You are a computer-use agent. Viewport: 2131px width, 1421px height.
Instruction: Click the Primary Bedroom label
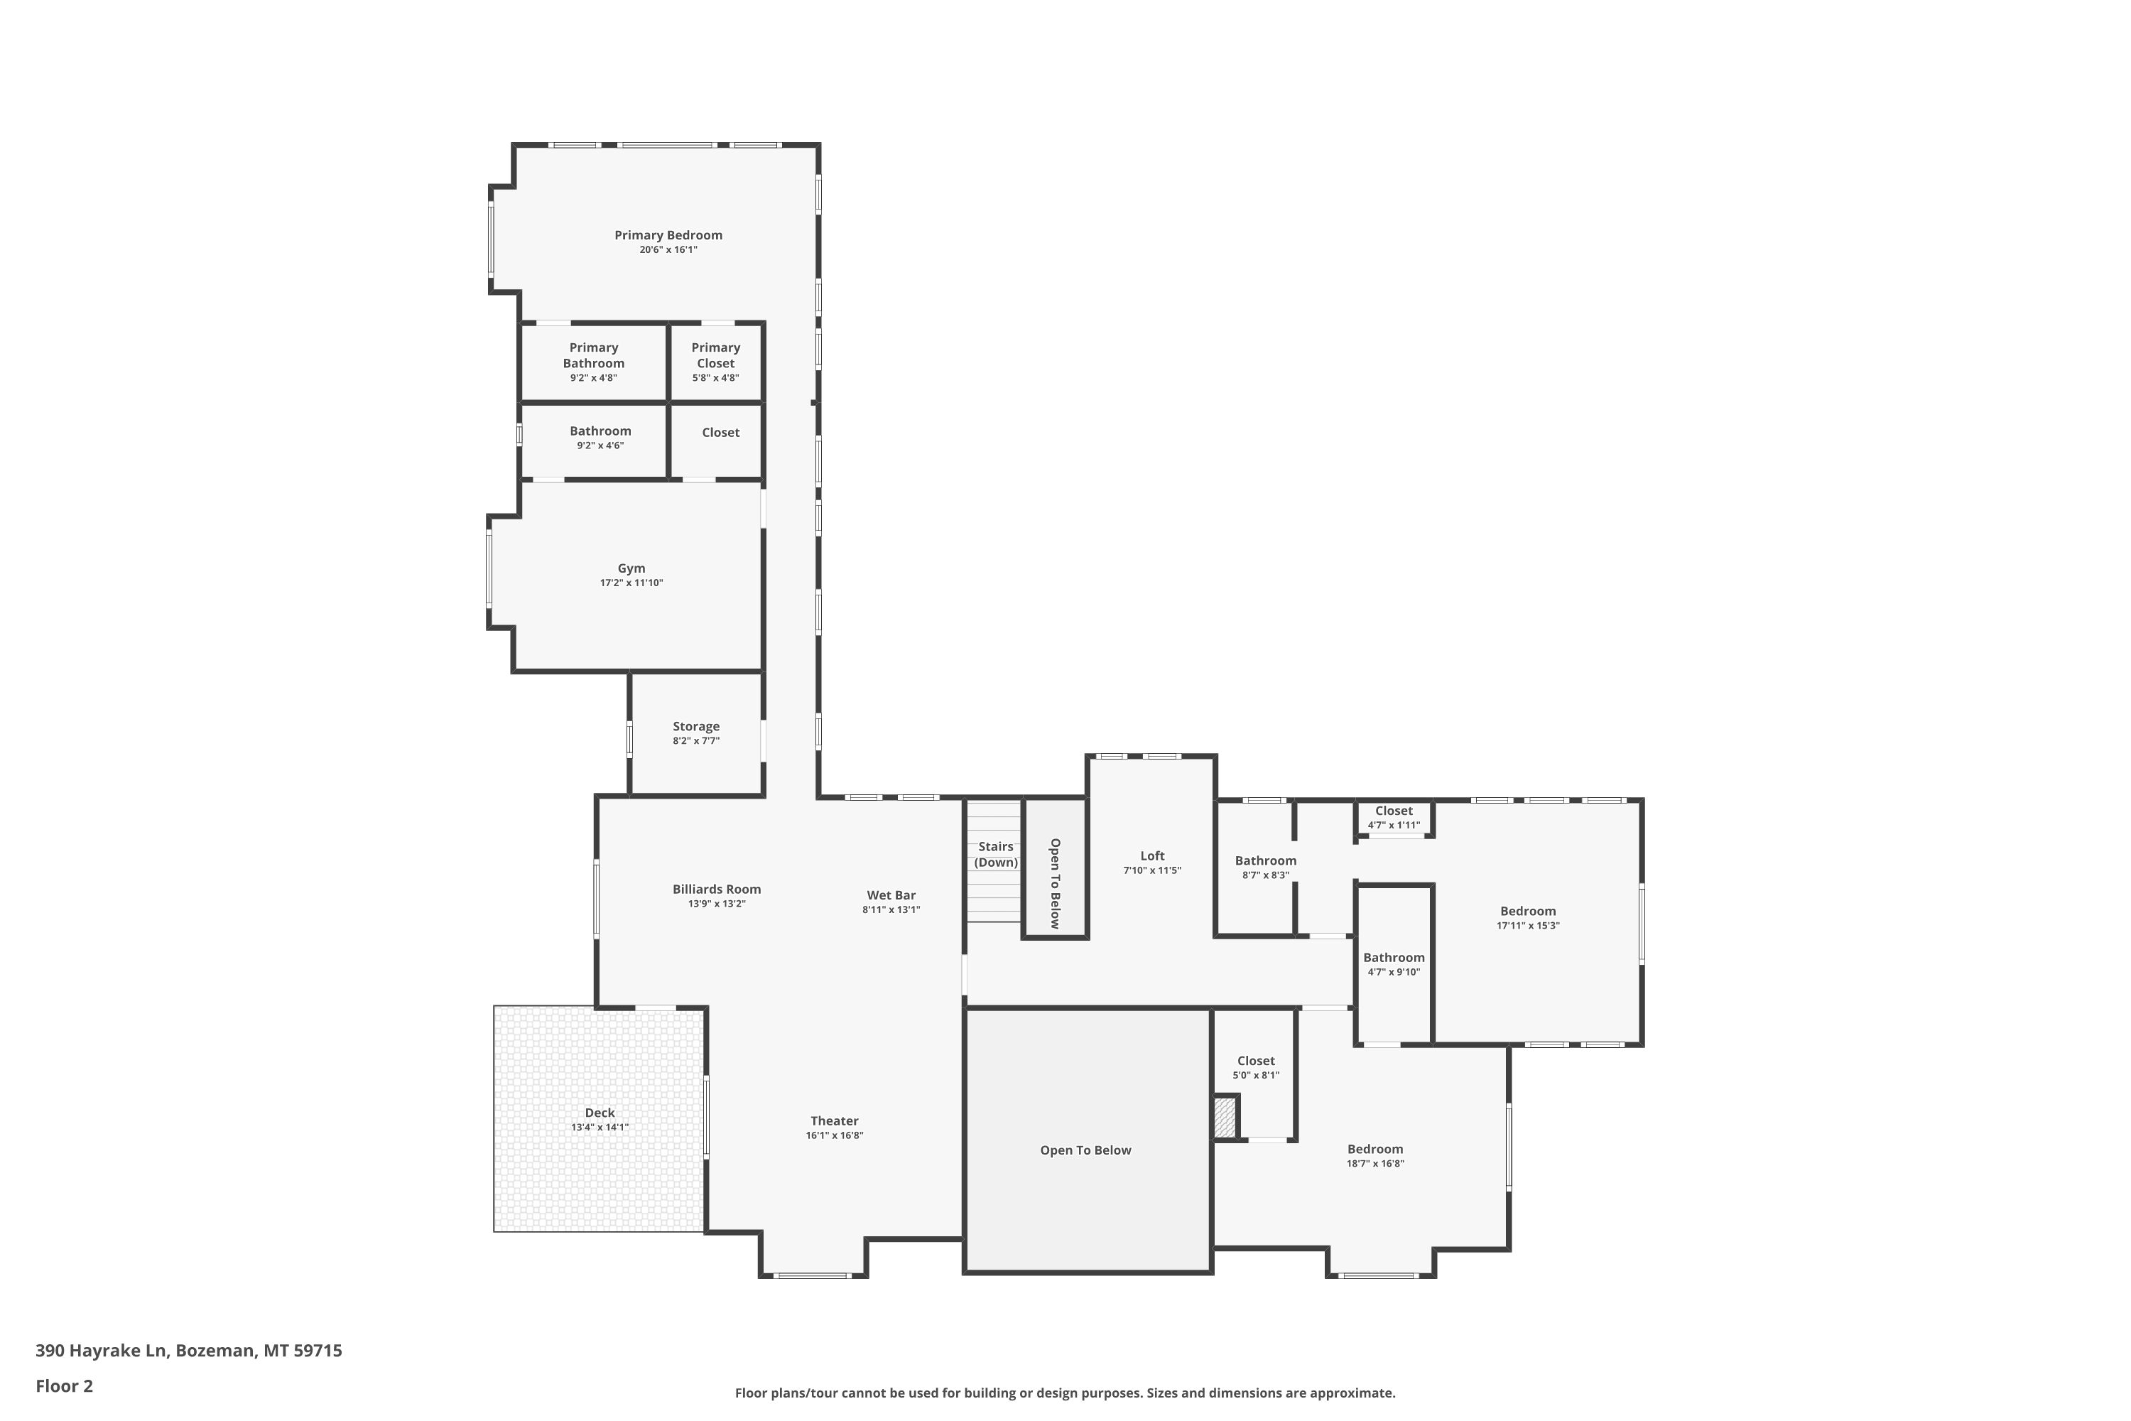coord(668,234)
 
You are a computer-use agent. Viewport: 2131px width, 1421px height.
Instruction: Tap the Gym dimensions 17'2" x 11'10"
coord(631,583)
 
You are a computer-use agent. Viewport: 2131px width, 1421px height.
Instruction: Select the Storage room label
coord(696,726)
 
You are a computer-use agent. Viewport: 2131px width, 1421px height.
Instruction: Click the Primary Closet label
coord(716,355)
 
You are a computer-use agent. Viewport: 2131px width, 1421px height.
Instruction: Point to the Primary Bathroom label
coord(593,355)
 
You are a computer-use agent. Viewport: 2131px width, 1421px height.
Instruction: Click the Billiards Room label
coord(717,889)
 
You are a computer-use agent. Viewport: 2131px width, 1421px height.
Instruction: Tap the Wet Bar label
coord(891,895)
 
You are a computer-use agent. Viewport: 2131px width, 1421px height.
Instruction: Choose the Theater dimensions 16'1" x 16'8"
coord(835,1135)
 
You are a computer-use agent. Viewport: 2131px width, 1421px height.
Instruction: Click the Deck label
coord(600,1112)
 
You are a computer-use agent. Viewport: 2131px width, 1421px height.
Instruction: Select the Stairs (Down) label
coord(996,854)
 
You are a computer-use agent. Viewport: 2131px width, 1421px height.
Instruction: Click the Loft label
coord(1152,855)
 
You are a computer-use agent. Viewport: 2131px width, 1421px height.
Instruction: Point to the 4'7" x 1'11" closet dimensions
coord(1394,826)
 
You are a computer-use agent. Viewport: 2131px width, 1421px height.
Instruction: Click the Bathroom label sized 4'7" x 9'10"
coord(1394,957)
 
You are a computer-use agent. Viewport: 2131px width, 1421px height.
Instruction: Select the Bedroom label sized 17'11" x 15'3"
coord(1528,911)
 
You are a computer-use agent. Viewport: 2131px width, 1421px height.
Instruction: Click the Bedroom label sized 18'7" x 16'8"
coord(1374,1148)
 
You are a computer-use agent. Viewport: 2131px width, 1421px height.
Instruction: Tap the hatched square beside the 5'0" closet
coord(1225,1116)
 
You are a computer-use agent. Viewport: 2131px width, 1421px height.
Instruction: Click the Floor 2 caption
coord(65,1385)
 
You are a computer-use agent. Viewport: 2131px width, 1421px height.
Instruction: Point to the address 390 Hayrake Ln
coord(102,1351)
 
